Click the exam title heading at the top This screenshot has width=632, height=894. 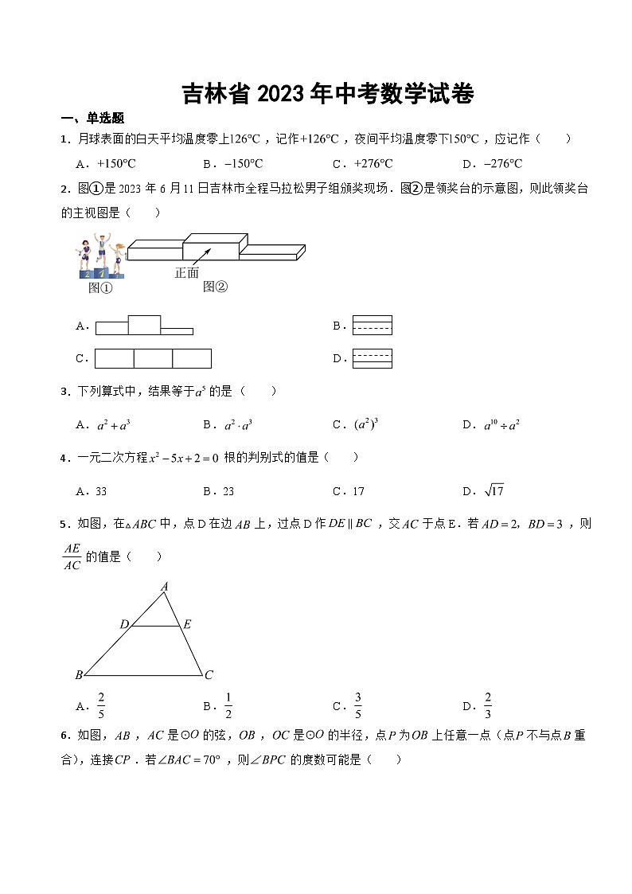click(328, 94)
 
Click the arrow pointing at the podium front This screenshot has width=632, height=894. click(204, 254)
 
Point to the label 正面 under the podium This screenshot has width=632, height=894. click(186, 273)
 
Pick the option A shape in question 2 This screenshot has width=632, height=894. click(144, 326)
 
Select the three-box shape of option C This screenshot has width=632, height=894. click(153, 359)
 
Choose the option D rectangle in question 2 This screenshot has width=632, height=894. click(372, 358)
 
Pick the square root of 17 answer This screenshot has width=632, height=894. click(494, 490)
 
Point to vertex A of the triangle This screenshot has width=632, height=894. click(165, 587)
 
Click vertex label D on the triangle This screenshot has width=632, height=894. click(124, 625)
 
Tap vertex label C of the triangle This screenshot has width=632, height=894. click(209, 675)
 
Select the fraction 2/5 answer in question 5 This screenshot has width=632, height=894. click(101, 705)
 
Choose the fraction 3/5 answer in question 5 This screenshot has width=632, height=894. click(358, 705)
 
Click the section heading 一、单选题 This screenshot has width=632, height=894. click(93, 118)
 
